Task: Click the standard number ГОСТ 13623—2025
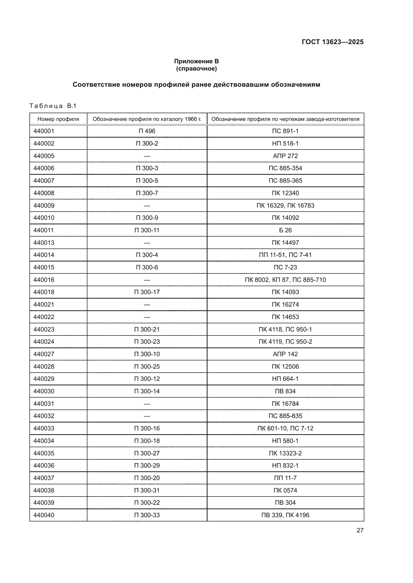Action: click(x=332, y=42)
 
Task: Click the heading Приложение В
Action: click(x=196, y=61)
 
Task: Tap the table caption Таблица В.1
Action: click(x=53, y=106)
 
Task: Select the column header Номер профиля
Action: click(x=58, y=119)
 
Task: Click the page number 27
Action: click(x=360, y=530)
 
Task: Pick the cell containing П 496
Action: click(x=147, y=131)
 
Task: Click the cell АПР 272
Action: click(x=285, y=156)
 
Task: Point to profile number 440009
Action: click(x=44, y=205)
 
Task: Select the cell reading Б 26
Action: click(x=285, y=230)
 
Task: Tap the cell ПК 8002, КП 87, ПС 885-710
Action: click(x=285, y=280)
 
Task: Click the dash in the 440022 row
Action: click(x=147, y=317)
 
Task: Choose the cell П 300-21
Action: click(x=147, y=329)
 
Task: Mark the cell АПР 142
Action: click(x=285, y=354)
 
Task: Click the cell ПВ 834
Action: click(x=285, y=391)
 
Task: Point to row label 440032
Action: click(x=44, y=416)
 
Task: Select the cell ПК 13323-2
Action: click(x=285, y=453)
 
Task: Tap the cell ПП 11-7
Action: click(x=285, y=478)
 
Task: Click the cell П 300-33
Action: click(x=147, y=515)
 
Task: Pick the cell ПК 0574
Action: click(x=285, y=490)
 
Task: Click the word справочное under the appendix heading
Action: click(x=196, y=69)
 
